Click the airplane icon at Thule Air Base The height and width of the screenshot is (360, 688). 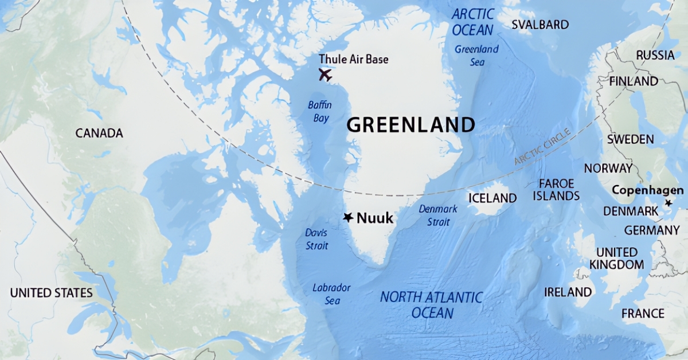point(325,75)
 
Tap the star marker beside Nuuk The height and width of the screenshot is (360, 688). point(348,217)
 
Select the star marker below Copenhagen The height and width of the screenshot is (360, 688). point(668,203)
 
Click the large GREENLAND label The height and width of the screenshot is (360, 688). point(411,124)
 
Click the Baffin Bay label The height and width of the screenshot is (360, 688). point(320,111)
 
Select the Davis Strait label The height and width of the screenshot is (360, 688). point(316,239)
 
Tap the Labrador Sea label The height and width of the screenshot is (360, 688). point(331,294)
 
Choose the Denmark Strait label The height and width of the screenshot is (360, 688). point(438,215)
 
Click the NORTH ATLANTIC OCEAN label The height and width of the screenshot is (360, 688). point(432,305)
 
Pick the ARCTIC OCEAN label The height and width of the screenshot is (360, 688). point(472,22)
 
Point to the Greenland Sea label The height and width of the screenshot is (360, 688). point(476,54)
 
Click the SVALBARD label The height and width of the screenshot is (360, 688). point(540,25)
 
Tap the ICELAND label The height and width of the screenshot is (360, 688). point(492,198)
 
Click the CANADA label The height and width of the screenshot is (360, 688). point(99,133)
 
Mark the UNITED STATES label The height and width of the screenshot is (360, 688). point(51,293)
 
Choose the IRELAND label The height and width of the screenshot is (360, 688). point(568,292)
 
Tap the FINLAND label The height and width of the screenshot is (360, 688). point(634,81)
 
